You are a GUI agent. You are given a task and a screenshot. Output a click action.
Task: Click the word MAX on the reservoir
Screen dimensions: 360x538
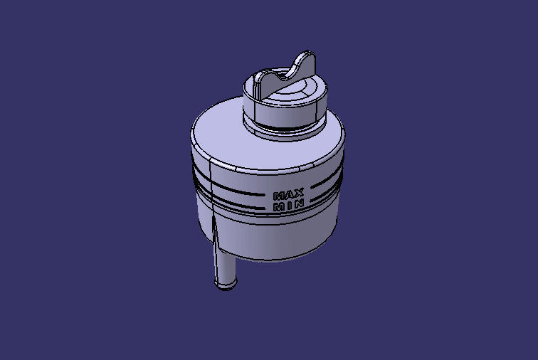tap(289, 194)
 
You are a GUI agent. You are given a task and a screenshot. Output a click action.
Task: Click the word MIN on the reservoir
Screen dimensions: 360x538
tap(289, 205)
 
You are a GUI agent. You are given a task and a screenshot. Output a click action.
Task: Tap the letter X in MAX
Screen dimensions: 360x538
tap(300, 193)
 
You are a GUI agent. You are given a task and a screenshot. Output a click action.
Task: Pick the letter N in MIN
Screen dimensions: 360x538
tap(300, 204)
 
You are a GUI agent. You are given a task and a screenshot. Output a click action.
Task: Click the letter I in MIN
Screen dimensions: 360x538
tap(290, 206)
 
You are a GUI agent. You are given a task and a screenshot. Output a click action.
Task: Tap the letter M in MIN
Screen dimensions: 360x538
tap(280, 206)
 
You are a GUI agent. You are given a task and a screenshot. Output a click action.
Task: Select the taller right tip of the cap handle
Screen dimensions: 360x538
tap(307, 56)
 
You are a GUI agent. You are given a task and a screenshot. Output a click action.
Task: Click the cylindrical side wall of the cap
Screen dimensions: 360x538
tap(285, 112)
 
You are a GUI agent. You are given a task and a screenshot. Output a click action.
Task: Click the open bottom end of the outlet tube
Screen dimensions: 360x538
tap(224, 287)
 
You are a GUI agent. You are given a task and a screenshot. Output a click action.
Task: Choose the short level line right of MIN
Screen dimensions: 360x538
tap(320, 199)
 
